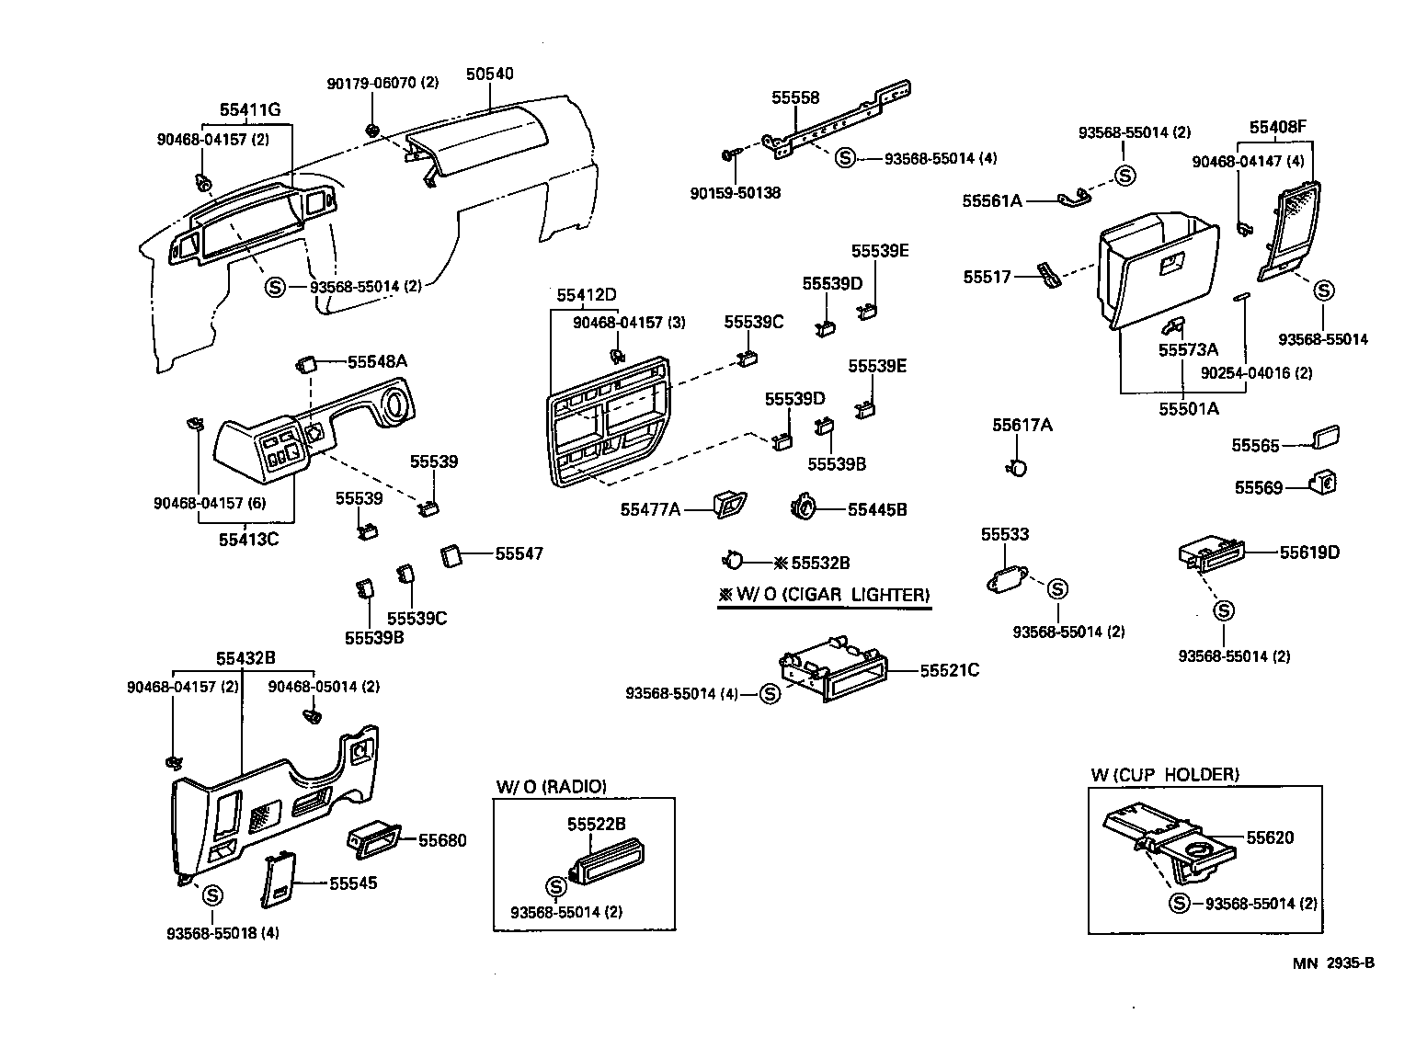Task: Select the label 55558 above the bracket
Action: point(795,97)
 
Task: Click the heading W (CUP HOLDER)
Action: point(1164,774)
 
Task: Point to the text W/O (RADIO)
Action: point(552,786)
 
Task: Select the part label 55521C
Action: point(949,670)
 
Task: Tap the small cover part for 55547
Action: point(451,555)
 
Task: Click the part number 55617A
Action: point(1022,425)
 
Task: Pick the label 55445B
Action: point(876,508)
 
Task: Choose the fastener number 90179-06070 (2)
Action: point(382,83)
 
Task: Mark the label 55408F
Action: point(1277,127)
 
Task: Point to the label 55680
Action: point(442,840)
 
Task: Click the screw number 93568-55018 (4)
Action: point(223,932)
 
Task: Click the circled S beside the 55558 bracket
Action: point(844,158)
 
